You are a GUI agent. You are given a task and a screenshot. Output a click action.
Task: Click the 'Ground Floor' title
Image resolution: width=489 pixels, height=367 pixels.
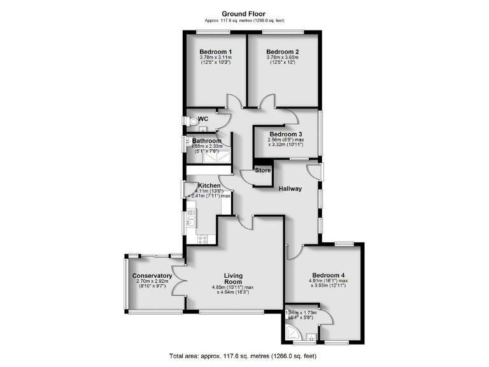244,13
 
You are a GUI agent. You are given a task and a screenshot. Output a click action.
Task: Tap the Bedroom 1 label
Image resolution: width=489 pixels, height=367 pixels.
215,52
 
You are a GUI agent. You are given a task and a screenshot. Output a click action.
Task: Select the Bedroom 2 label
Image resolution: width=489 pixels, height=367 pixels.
282,52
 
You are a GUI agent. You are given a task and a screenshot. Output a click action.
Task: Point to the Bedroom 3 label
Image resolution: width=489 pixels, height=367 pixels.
285,134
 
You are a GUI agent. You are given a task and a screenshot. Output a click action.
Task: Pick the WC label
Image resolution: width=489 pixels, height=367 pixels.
203,119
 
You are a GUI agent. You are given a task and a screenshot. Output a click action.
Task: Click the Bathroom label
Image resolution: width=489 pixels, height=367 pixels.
207,141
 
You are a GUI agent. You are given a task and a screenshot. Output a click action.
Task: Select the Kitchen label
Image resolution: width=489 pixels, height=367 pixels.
208,186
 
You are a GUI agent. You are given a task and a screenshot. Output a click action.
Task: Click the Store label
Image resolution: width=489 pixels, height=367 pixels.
262,170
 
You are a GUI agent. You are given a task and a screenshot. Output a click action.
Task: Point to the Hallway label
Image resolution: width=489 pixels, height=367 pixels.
290,189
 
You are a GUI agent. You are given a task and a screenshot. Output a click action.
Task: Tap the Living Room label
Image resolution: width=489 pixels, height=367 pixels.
233,278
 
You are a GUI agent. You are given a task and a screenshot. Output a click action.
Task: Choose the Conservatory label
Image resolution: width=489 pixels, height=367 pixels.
152,276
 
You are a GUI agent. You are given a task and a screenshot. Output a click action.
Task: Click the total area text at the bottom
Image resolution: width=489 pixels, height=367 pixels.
244,356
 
